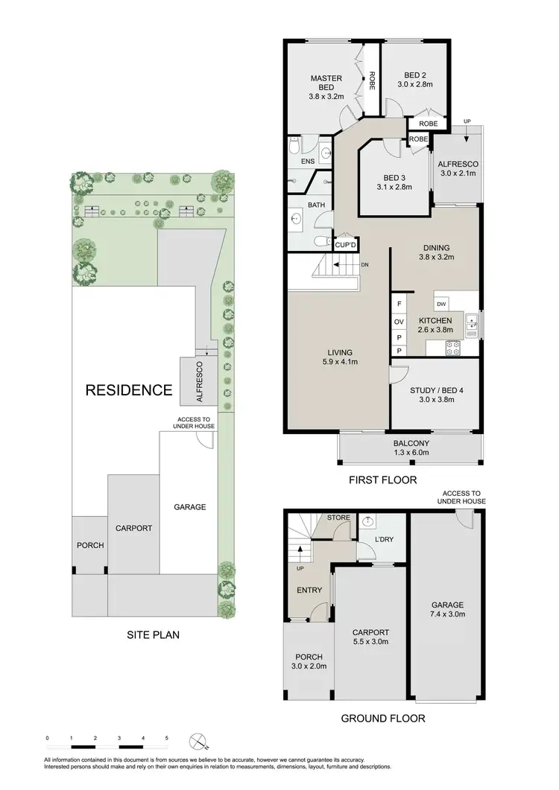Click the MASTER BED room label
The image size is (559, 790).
tap(326, 83)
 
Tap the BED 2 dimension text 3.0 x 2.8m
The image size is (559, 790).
tap(415, 85)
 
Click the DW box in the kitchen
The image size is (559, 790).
tap(441, 305)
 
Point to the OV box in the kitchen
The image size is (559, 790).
tap(399, 321)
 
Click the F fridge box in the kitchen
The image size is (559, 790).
tap(399, 305)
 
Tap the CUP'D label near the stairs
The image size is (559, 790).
tap(346, 245)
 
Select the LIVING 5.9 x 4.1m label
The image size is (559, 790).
tap(338, 357)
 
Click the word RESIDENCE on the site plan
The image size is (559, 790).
tap(128, 389)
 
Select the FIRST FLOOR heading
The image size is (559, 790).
tap(382, 480)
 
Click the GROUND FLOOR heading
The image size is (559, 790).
tap(382, 719)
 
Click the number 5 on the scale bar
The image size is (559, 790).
tap(167, 738)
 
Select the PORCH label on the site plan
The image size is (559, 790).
tap(90, 545)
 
